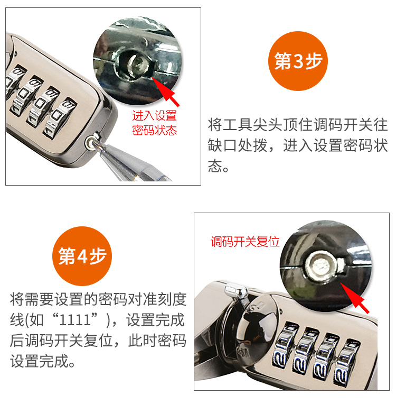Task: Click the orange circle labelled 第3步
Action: click(x=298, y=61)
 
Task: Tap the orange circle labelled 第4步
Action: click(x=82, y=256)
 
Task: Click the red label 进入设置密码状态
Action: click(x=154, y=123)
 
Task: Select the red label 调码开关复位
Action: click(x=245, y=242)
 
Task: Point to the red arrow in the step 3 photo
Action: click(x=165, y=91)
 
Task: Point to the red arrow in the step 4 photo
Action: click(x=354, y=298)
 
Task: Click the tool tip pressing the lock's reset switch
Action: click(x=95, y=144)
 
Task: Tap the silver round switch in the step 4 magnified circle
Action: click(x=321, y=265)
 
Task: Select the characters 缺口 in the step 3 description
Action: click(x=223, y=145)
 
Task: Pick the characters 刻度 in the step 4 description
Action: click(x=172, y=299)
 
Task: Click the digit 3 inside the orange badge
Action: click(x=298, y=61)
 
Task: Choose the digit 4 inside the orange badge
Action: click(x=82, y=256)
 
